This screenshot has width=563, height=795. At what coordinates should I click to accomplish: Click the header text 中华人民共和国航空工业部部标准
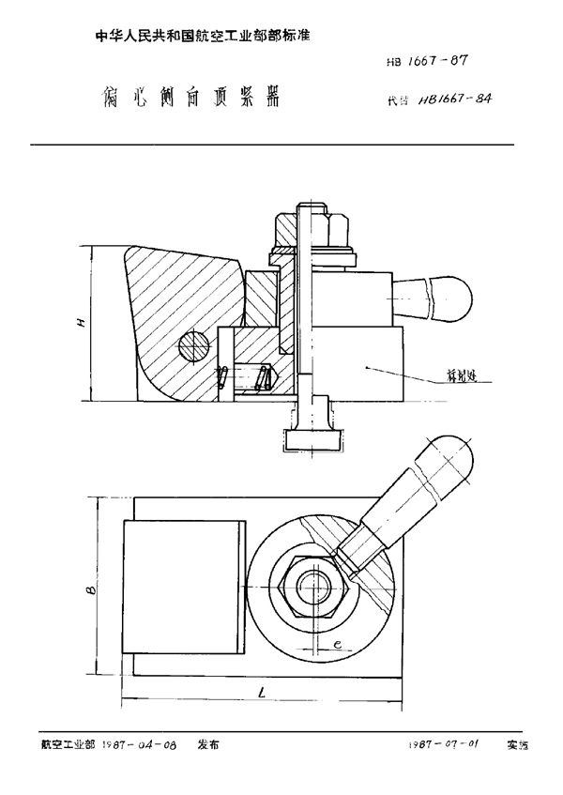coord(204,34)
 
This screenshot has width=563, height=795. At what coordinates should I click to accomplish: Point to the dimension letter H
coord(82,324)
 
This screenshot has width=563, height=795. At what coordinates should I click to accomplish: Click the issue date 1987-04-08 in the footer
coord(138,743)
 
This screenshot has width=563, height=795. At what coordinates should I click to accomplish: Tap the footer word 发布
coord(208,743)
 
